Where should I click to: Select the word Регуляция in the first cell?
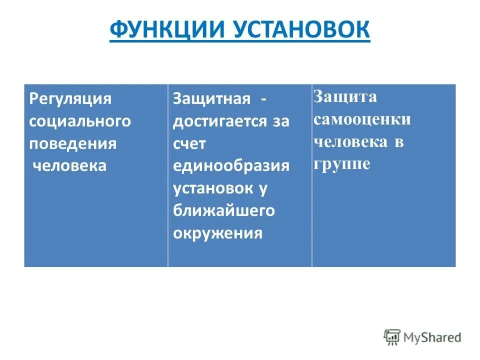70,98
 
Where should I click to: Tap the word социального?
79,121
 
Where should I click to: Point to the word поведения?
72,143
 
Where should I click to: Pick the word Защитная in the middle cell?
211,98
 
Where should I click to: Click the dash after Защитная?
262,98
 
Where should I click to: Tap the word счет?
189,143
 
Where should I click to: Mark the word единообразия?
231,165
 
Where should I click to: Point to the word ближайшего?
224,210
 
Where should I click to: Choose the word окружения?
217,233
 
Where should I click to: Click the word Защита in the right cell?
345,97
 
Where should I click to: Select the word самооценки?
362,119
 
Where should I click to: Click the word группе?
342,164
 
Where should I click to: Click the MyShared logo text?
432,337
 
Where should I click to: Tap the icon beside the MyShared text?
392,337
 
